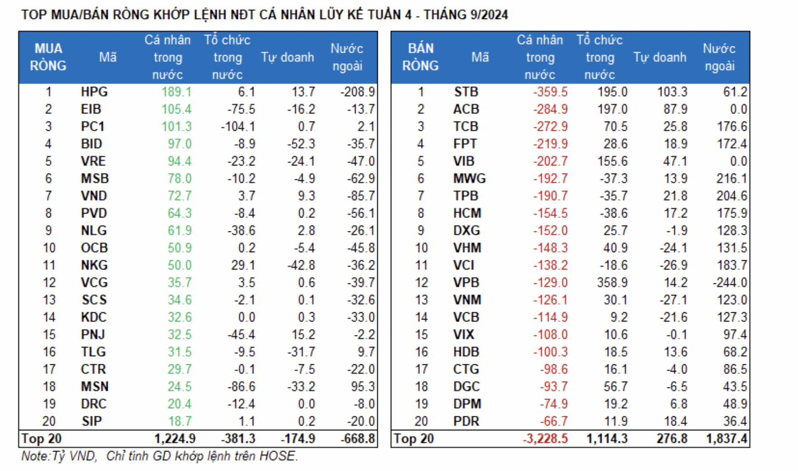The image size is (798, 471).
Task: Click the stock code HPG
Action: point(94,92)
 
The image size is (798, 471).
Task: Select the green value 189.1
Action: point(176,92)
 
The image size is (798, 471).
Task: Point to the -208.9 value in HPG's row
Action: point(357,92)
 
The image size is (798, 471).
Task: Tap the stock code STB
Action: point(466,92)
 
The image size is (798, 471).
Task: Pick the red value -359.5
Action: point(550,92)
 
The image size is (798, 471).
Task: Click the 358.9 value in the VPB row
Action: point(612,283)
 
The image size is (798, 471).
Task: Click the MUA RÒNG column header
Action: point(48,57)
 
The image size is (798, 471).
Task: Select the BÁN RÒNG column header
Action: point(420,57)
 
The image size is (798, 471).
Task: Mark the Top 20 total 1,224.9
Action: point(175,439)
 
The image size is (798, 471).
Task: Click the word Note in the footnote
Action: point(34,456)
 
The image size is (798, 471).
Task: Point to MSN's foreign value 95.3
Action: point(363,387)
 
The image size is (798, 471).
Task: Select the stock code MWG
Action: point(469,179)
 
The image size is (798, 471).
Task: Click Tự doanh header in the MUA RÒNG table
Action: point(287,57)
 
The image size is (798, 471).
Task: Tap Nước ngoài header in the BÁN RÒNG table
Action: point(719,57)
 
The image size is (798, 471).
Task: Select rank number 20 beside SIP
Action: point(49,422)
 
